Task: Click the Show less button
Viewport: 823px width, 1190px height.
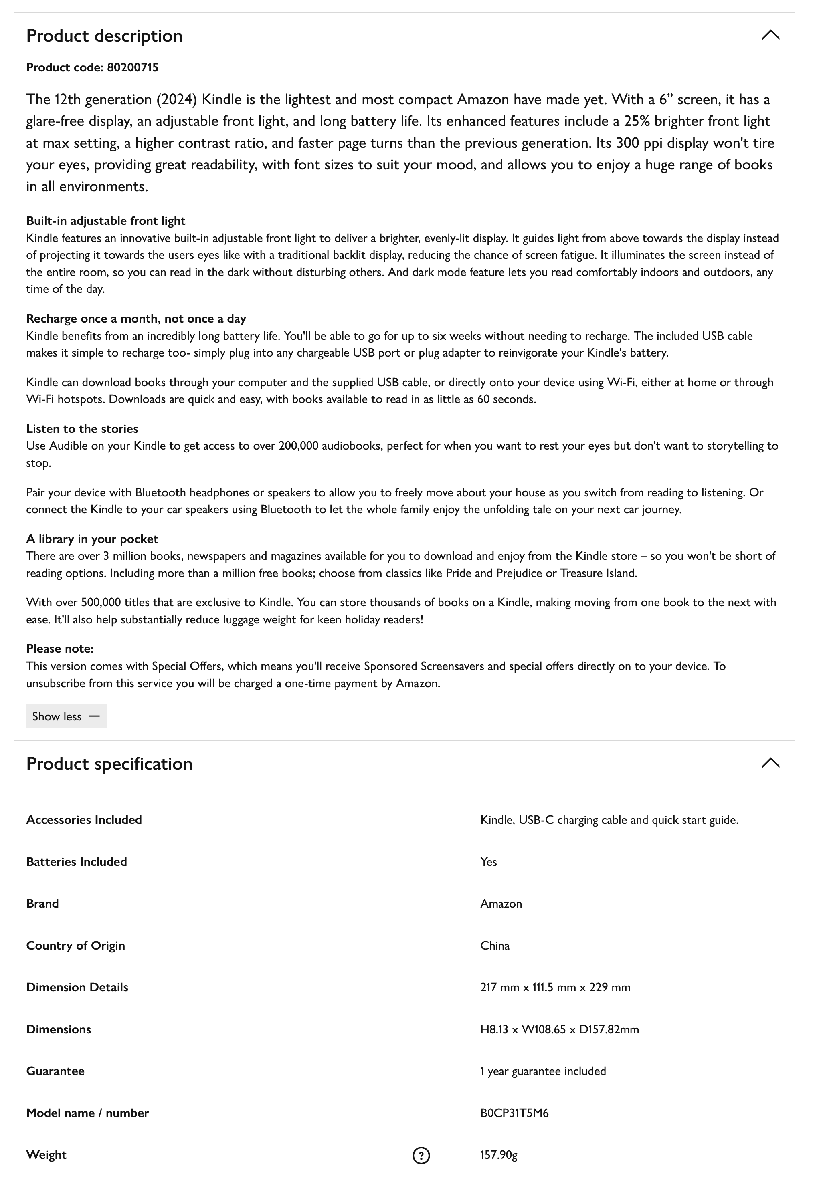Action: point(67,716)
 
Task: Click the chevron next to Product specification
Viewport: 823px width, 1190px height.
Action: point(770,763)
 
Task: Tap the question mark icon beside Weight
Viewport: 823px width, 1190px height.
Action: point(421,1156)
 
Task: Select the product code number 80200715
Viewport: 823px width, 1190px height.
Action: point(133,68)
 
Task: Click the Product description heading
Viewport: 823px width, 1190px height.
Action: point(104,36)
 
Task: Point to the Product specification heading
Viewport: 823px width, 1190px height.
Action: point(109,764)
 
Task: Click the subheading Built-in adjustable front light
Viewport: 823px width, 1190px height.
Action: point(106,221)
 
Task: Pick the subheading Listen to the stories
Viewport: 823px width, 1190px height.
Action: point(82,429)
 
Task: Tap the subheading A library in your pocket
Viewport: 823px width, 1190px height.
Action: point(92,539)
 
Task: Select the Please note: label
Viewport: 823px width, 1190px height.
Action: point(60,649)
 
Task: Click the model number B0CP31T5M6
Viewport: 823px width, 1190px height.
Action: point(514,1113)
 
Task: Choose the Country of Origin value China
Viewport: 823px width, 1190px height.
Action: point(495,946)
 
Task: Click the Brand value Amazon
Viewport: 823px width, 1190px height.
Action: point(501,904)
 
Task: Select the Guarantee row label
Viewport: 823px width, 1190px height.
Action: point(55,1071)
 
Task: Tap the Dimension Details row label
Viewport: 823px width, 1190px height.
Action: point(77,987)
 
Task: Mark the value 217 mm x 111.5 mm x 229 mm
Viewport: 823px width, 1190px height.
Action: point(555,987)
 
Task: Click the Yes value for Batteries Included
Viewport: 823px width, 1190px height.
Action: point(488,862)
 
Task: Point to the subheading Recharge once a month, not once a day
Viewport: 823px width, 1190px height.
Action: point(136,319)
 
